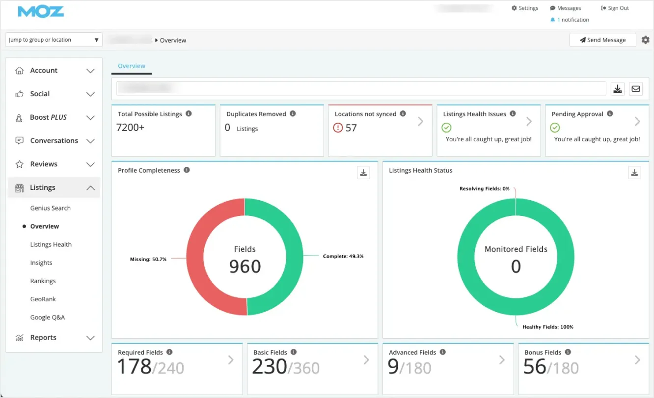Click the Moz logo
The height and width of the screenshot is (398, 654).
point(41,12)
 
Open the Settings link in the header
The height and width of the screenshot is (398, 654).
point(525,8)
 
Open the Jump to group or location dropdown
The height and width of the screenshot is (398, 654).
point(54,40)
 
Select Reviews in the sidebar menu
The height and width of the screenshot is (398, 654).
point(44,164)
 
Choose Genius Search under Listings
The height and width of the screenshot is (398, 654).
point(51,208)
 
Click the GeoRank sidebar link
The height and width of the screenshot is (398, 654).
point(43,299)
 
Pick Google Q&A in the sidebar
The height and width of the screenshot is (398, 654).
point(48,317)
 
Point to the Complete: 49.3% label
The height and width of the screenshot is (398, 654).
point(343,256)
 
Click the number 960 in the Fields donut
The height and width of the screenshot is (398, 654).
point(245,266)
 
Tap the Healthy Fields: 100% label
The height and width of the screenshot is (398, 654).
point(547,327)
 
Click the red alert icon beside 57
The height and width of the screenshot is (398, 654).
point(338,128)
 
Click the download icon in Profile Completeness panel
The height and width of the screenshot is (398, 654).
point(363,172)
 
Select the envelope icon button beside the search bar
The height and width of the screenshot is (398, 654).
point(636,89)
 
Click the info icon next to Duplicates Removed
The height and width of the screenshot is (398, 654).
point(293,114)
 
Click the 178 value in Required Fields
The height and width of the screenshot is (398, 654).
point(134,367)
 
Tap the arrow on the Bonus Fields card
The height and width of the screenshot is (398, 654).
point(637,360)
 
